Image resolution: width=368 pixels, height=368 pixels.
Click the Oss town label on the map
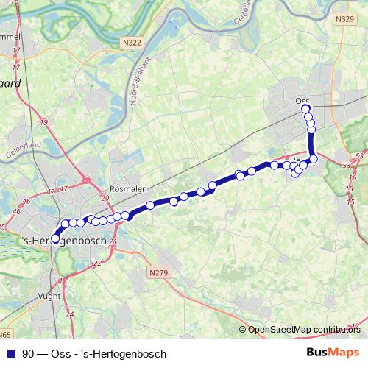(x=302, y=100)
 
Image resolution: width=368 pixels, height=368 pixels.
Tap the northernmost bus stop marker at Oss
(x=306, y=109)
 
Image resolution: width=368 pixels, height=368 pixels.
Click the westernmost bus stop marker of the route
(x=55, y=238)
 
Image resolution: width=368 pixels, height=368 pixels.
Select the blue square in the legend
(x=11, y=353)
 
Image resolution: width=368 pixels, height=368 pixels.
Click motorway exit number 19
(x=43, y=121)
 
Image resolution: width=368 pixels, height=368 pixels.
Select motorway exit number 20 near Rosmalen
(x=105, y=199)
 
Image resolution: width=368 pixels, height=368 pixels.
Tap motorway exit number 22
(x=97, y=263)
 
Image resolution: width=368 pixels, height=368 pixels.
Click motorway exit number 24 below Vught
(x=70, y=314)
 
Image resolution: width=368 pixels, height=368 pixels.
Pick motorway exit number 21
(x=113, y=241)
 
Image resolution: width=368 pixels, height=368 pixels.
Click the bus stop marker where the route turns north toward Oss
(x=314, y=158)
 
